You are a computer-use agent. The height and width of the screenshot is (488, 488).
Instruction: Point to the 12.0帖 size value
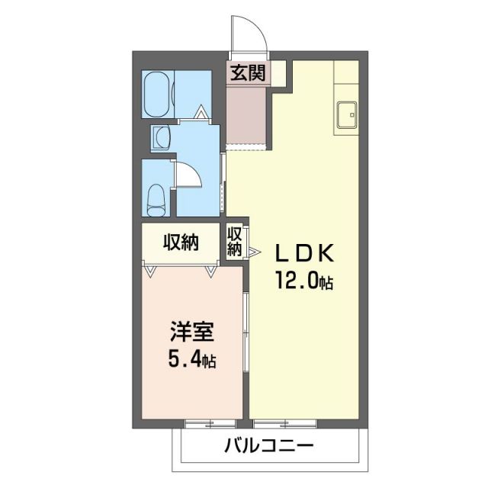[303, 282]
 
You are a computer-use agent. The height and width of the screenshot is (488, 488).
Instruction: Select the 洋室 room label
[191, 335]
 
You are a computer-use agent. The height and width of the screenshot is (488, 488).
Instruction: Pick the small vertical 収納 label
[235, 241]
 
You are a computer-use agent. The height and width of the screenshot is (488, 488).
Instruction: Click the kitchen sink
[347, 115]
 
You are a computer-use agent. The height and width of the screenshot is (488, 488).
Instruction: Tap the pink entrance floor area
[246, 114]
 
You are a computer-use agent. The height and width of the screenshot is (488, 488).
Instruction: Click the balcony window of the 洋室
[206, 421]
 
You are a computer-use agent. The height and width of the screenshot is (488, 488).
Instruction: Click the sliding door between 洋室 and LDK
[246, 320]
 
